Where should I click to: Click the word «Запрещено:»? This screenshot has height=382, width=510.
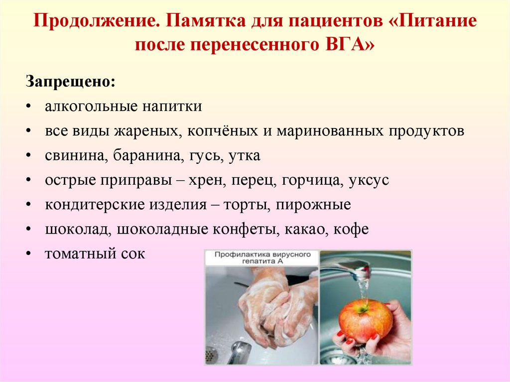click(x=70, y=81)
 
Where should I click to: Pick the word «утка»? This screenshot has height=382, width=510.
click(x=244, y=155)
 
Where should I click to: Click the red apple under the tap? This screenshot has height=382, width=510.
click(x=365, y=320)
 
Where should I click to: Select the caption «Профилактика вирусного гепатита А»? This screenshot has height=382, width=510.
click(x=262, y=258)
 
